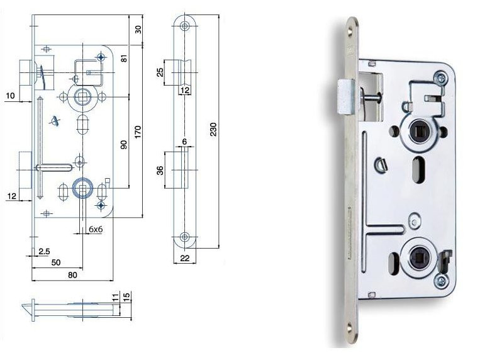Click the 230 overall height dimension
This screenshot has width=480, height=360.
coord(213,129)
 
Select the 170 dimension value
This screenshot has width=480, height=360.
coord(138,132)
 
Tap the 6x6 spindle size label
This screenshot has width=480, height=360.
coord(96,229)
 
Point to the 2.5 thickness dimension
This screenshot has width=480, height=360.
coord(44,252)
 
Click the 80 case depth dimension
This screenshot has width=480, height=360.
coord(72,275)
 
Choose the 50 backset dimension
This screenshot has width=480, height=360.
coord(56,262)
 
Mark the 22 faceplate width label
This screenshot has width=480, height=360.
coord(184,258)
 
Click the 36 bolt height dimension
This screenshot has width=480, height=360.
coord(160,171)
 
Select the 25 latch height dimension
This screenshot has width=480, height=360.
coord(160,72)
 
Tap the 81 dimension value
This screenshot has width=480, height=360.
coord(124,58)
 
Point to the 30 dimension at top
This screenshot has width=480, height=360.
coord(138,30)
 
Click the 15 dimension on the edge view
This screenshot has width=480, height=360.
coord(126,296)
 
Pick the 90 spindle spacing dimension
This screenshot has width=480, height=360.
coord(124,145)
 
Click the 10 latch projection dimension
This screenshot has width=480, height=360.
coord(10,96)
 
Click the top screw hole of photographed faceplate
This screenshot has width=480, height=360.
coord(350,31)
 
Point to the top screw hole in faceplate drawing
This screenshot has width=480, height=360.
coord(184,26)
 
